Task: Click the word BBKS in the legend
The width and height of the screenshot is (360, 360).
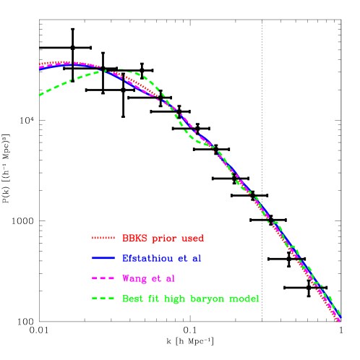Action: (133, 238)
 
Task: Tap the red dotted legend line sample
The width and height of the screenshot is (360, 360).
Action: (103, 238)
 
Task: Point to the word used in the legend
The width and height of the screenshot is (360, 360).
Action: (192, 238)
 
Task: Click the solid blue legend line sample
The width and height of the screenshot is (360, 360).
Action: (103, 258)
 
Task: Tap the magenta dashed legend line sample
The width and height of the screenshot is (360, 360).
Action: (103, 278)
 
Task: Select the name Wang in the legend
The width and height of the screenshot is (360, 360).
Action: (134, 278)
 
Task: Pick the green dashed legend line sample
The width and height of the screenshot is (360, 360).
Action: (103, 299)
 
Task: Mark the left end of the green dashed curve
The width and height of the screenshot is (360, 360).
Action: (40, 95)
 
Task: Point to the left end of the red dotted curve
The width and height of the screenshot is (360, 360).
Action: (40, 64)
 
